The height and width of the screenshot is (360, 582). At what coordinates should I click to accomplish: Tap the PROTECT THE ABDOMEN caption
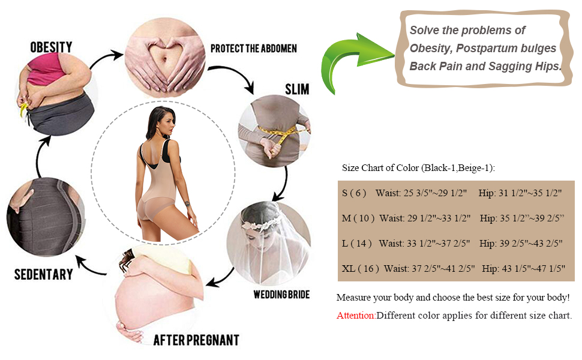(x=253, y=48)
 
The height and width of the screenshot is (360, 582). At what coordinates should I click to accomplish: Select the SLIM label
(x=296, y=89)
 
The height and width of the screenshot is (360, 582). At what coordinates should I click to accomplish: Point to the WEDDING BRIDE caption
(x=281, y=295)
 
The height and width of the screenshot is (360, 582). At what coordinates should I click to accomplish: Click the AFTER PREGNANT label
(x=196, y=340)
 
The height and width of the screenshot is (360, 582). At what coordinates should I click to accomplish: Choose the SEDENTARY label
(x=44, y=275)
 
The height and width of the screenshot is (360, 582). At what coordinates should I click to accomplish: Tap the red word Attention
(x=356, y=316)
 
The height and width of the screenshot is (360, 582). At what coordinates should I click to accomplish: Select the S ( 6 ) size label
(x=354, y=193)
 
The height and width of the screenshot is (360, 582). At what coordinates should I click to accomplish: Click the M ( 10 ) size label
(x=358, y=218)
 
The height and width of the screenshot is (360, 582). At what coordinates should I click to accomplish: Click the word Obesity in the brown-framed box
(x=431, y=48)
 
